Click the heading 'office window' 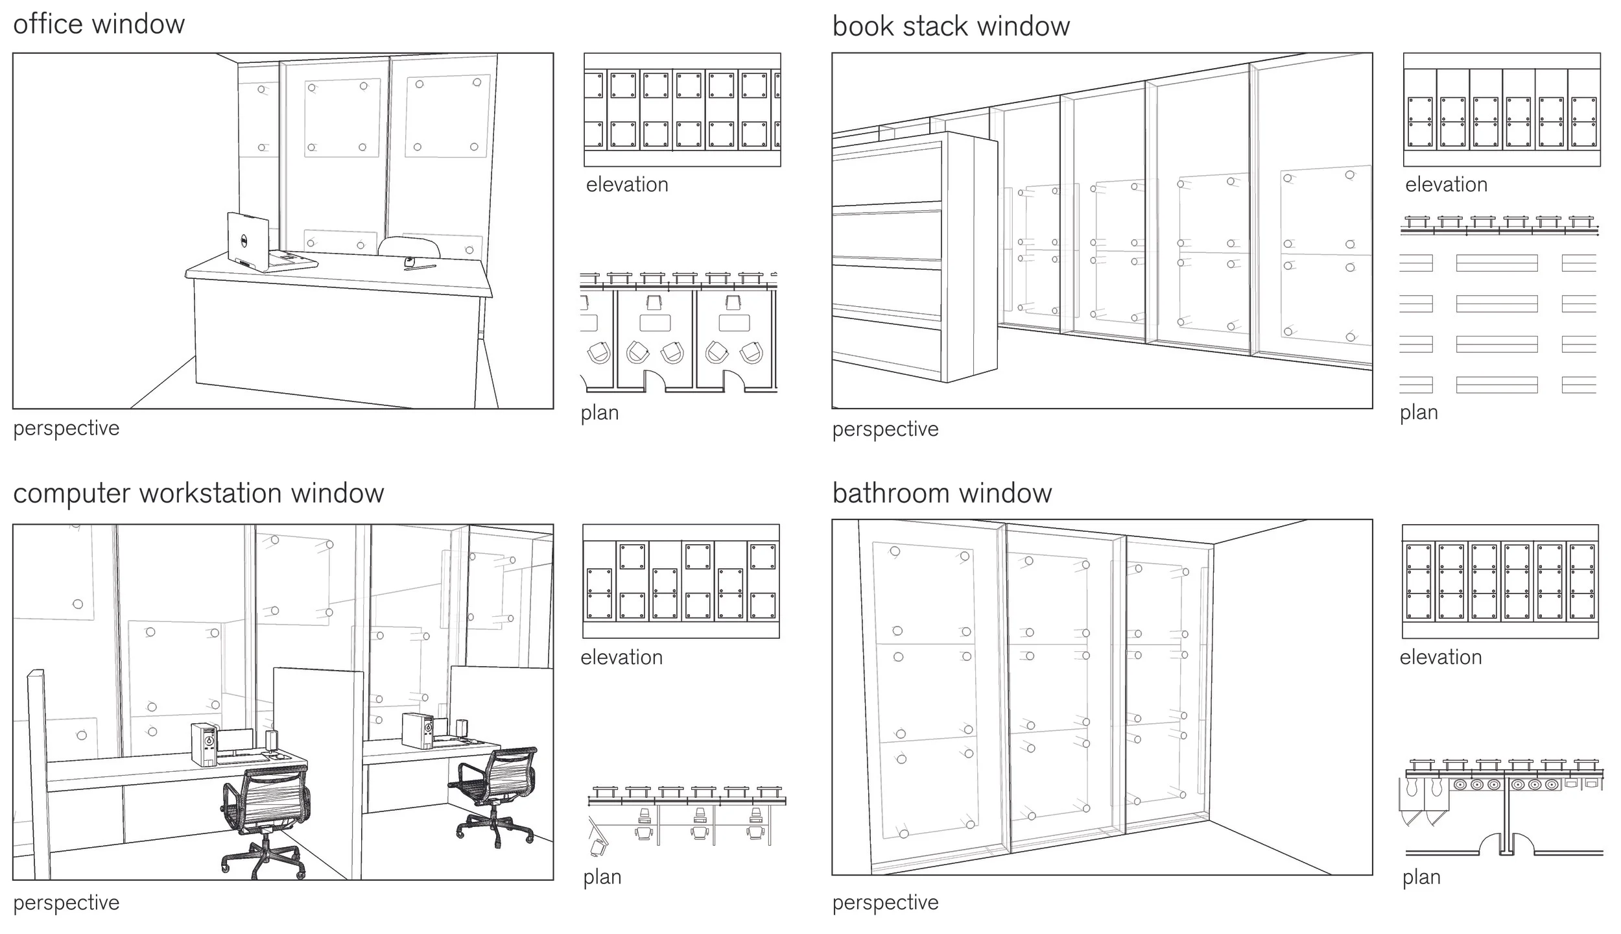tap(99, 25)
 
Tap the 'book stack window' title tap(951, 27)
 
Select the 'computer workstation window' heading tap(198, 494)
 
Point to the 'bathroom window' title tap(941, 494)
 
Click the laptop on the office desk tap(248, 241)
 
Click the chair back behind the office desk tap(409, 247)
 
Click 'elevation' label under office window tap(627, 185)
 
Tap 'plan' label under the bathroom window tap(1421, 878)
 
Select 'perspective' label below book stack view tap(885, 429)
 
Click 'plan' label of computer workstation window tap(602, 878)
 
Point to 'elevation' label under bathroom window tap(1441, 658)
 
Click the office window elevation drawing tap(682, 110)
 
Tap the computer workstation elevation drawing tap(681, 581)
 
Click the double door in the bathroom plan tap(1506, 843)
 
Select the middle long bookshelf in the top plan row tap(1497, 263)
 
